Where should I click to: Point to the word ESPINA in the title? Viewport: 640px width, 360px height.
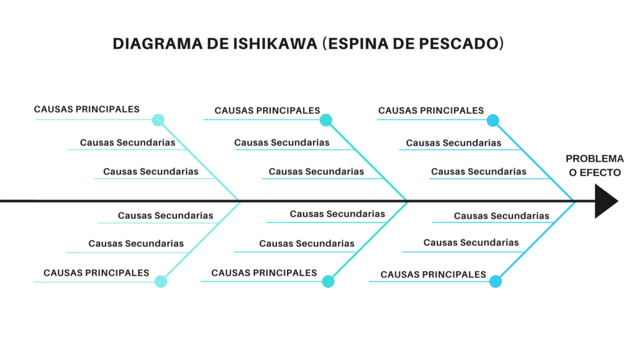coord(355,44)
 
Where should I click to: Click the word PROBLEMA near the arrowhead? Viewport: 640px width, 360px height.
coord(594,159)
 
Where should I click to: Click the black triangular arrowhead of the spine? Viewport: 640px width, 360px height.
coord(605,201)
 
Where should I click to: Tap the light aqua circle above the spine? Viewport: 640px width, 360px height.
coord(158,120)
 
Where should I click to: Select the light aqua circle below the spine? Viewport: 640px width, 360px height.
coord(161,281)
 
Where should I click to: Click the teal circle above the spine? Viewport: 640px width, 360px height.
coord(326,120)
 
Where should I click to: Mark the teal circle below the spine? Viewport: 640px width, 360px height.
coord(328,281)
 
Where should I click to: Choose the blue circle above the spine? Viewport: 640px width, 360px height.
coord(493,120)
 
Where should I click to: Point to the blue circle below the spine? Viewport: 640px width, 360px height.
coord(496,281)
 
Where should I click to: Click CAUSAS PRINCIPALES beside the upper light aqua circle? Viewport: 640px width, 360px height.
coord(87,109)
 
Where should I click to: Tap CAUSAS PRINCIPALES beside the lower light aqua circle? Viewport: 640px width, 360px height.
coord(96,273)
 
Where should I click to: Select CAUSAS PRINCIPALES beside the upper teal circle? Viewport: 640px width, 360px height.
coord(267,111)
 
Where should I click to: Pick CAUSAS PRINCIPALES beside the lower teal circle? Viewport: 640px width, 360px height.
coord(264,273)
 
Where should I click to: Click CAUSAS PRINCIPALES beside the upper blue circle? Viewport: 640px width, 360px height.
coord(431,111)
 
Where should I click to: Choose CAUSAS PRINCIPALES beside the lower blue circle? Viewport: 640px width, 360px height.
coord(433,274)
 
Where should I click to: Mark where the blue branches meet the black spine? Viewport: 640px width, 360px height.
coord(575,201)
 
